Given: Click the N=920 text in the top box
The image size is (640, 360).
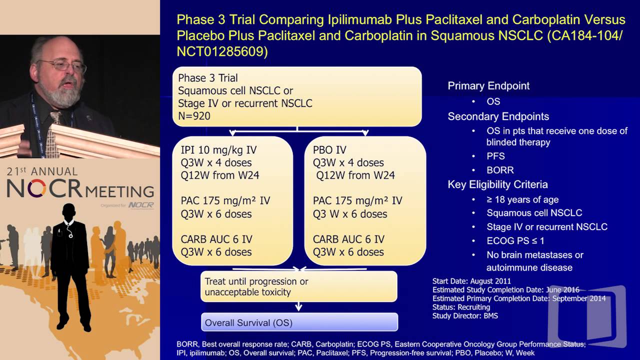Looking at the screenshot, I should (x=194, y=116).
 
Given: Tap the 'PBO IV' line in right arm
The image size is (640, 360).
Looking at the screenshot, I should (x=329, y=150).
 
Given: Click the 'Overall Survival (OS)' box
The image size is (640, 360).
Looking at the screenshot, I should (x=299, y=322).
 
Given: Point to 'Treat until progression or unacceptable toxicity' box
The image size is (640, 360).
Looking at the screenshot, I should (x=298, y=286).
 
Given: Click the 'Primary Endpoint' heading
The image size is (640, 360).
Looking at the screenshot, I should (x=488, y=86).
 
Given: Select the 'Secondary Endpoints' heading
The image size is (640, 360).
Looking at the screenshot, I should (x=498, y=116).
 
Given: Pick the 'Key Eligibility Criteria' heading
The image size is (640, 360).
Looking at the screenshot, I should (x=497, y=185).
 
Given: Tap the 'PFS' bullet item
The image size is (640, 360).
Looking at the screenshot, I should (x=495, y=156).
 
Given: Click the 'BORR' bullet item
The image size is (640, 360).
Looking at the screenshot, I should (x=500, y=170).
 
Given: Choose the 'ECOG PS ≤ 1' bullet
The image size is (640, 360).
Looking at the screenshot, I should (x=515, y=240).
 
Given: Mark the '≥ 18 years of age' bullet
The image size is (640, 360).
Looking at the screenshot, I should (x=522, y=199).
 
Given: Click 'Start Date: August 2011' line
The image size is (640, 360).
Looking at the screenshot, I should (x=471, y=281).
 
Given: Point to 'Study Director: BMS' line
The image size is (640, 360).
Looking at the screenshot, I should (x=465, y=315).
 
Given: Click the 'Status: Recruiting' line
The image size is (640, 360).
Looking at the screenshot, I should (x=461, y=307).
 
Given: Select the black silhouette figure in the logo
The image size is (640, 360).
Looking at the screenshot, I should (x=70, y=265).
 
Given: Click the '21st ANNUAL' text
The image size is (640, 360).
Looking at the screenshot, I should (x=42, y=171).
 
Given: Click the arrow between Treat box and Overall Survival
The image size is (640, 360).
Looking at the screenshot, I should (x=299, y=306).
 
